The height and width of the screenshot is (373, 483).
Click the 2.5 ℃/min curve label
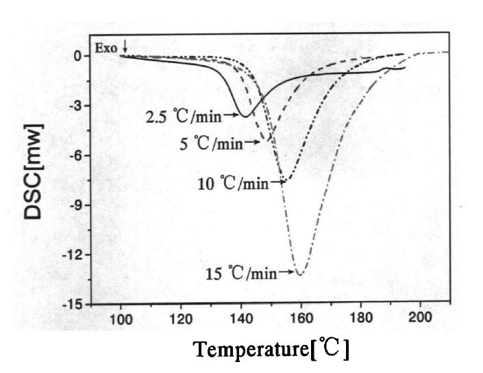coord(183,117)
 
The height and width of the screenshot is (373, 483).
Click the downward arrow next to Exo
coord(125,47)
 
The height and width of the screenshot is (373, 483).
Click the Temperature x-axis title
coord(272,349)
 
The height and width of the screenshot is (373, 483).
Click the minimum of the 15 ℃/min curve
coord(300,274)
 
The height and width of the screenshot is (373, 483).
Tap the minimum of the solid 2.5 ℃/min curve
coord(245,115)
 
